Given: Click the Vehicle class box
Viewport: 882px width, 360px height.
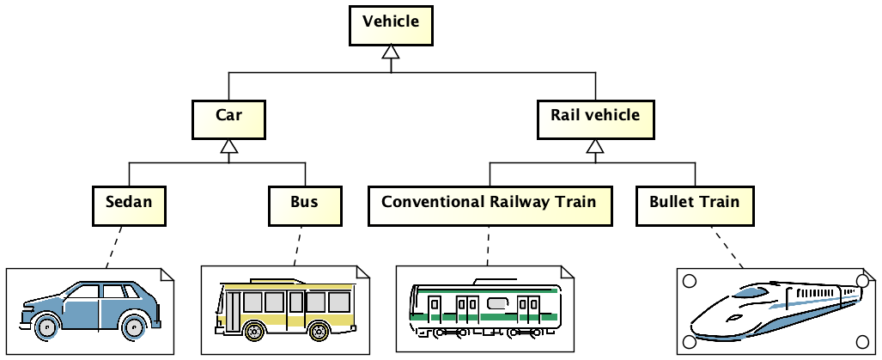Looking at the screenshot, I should [391, 24].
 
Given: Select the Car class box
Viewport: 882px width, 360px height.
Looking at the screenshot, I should [228, 119].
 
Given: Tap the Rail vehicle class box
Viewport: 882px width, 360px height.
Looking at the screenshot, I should [594, 119].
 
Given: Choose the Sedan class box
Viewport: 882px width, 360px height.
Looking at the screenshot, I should [129, 206].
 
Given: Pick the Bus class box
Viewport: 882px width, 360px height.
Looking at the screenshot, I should [304, 206].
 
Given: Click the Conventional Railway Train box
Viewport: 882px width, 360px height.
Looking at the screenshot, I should [489, 206].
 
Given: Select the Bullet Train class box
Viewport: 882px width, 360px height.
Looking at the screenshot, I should [695, 206].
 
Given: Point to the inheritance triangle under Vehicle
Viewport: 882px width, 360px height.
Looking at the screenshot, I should [391, 53].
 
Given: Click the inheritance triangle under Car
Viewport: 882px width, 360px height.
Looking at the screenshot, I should [228, 148].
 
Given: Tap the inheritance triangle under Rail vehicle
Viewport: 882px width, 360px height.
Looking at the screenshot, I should [594, 148].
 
